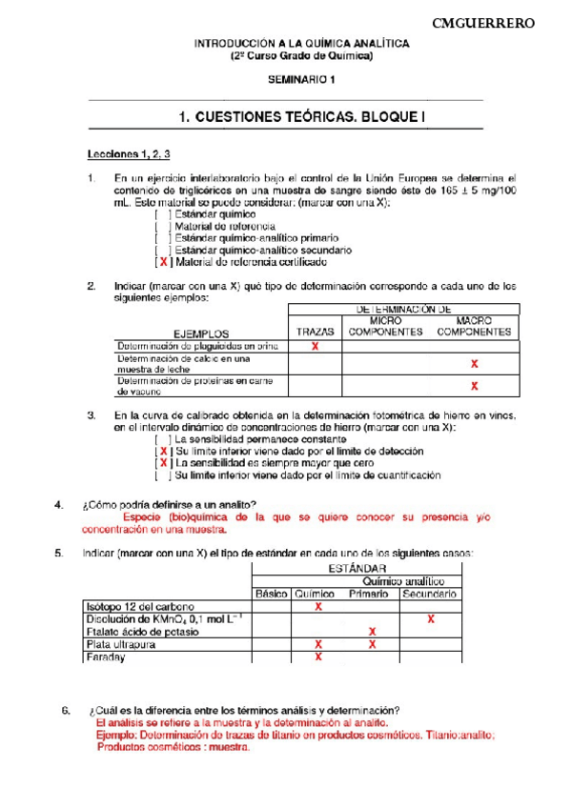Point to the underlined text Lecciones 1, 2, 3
tap(129, 153)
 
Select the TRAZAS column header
tap(315, 333)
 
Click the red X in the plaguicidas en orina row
tap(316, 347)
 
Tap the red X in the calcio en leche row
tap(474, 364)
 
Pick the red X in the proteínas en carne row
tap(474, 386)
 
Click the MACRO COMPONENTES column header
tap(474, 327)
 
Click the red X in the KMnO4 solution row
tap(431, 618)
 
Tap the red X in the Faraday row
tap(318, 656)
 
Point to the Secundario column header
tap(431, 594)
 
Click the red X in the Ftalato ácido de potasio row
tap(372, 632)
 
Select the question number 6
tap(65, 710)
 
